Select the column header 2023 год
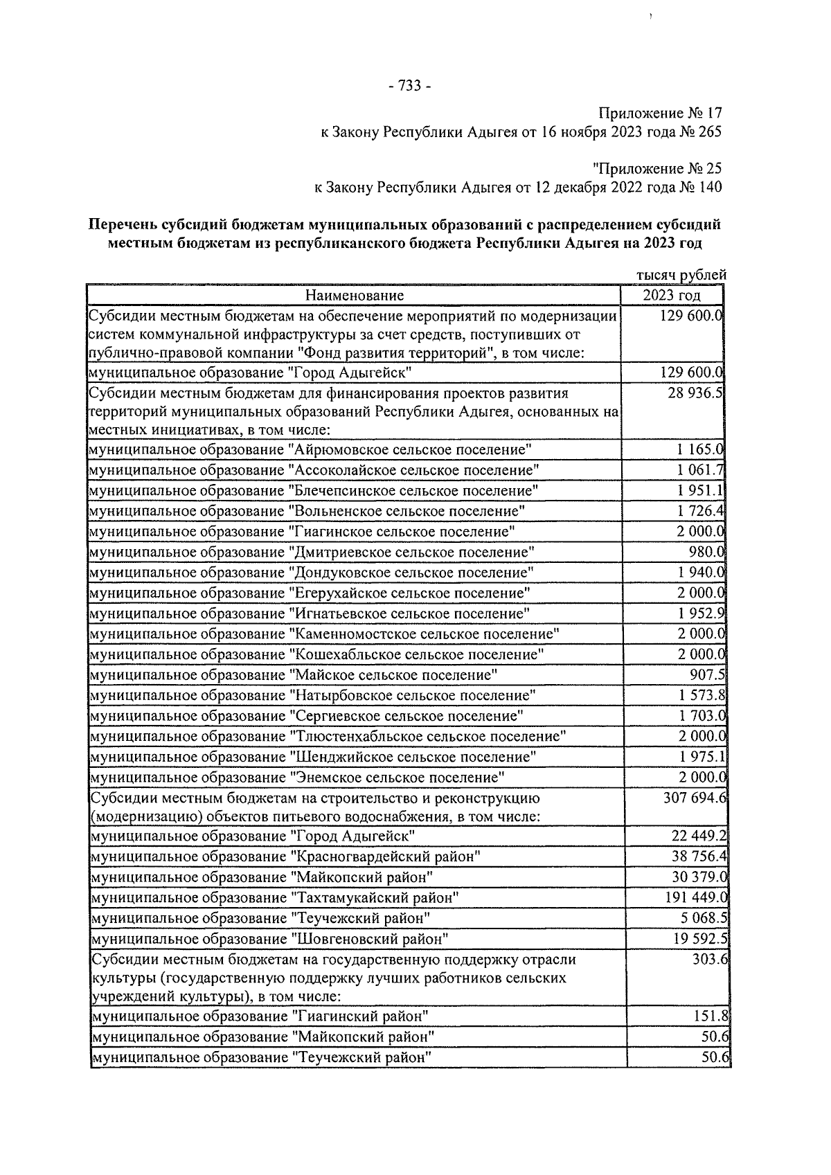click(671, 296)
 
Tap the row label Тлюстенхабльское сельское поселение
click(328, 736)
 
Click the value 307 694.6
click(694, 798)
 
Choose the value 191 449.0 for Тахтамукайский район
click(694, 898)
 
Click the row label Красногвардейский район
click(285, 857)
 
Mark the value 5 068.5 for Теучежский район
click(701, 919)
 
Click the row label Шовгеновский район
click(270, 940)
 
